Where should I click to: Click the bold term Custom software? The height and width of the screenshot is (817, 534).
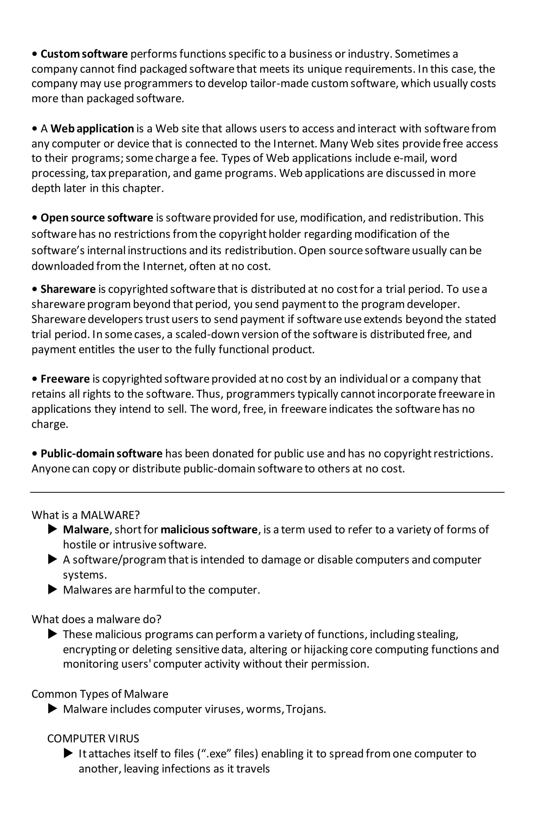(x=84, y=54)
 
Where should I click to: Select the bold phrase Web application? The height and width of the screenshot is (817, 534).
(x=92, y=129)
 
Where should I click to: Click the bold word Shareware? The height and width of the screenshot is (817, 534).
(x=68, y=289)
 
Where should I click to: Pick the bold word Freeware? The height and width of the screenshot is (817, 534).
(x=65, y=379)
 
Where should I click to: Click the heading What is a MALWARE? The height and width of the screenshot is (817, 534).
(x=86, y=515)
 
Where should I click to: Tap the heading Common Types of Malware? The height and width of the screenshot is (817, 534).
(x=100, y=694)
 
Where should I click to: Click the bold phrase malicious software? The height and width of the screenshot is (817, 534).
(x=209, y=530)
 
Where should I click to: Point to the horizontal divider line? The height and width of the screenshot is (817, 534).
(x=267, y=492)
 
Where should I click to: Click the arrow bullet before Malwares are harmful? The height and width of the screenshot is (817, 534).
(x=52, y=590)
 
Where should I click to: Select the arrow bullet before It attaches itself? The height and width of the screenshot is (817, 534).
(x=68, y=754)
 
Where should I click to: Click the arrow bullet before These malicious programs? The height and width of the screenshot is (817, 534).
(x=52, y=634)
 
